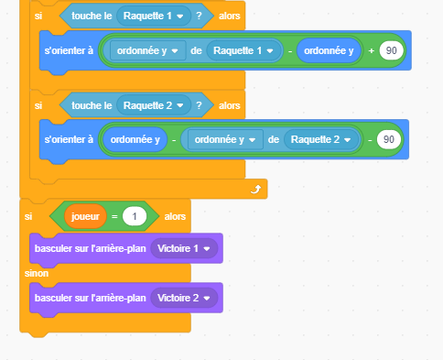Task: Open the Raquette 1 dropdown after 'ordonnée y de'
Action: (x=244, y=49)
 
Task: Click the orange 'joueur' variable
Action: (x=82, y=216)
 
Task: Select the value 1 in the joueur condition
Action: (x=135, y=216)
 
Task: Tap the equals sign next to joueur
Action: (x=112, y=216)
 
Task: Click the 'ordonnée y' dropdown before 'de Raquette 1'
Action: (x=147, y=49)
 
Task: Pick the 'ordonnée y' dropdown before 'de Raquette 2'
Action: (x=224, y=139)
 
